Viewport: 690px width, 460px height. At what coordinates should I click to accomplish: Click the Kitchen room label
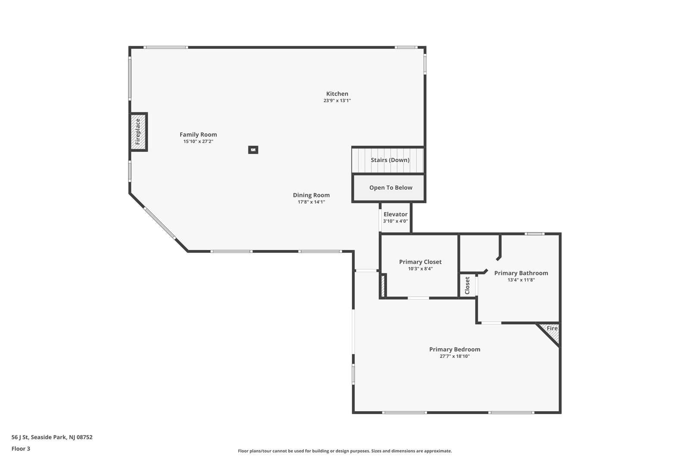point(337,94)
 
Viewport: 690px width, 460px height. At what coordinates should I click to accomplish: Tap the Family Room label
point(198,135)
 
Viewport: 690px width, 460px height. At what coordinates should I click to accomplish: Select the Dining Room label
point(311,195)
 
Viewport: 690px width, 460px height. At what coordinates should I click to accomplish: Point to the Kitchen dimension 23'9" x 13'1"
point(337,101)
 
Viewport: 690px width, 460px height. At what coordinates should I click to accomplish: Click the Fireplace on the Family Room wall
point(138,132)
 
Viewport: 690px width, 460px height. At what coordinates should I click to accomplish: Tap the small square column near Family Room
point(253,150)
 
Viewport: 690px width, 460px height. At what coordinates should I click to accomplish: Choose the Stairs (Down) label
point(390,160)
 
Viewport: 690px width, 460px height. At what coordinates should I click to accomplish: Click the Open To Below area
point(389,188)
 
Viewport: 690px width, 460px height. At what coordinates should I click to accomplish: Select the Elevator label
point(395,214)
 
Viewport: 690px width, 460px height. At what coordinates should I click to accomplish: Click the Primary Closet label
point(420,262)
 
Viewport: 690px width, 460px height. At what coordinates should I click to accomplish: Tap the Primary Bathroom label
point(521,273)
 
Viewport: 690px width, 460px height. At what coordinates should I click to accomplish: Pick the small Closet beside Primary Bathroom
point(467,285)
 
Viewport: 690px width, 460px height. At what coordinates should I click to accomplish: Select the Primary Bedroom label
point(455,350)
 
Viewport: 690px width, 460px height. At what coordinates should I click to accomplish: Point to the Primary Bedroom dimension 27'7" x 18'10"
point(455,357)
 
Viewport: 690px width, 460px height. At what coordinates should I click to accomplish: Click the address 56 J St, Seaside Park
point(52,437)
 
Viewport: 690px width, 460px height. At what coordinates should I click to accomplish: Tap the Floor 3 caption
point(21,449)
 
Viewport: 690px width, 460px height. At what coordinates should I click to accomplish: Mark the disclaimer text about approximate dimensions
point(345,451)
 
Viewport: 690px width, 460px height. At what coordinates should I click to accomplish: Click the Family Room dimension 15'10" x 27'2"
point(198,142)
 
